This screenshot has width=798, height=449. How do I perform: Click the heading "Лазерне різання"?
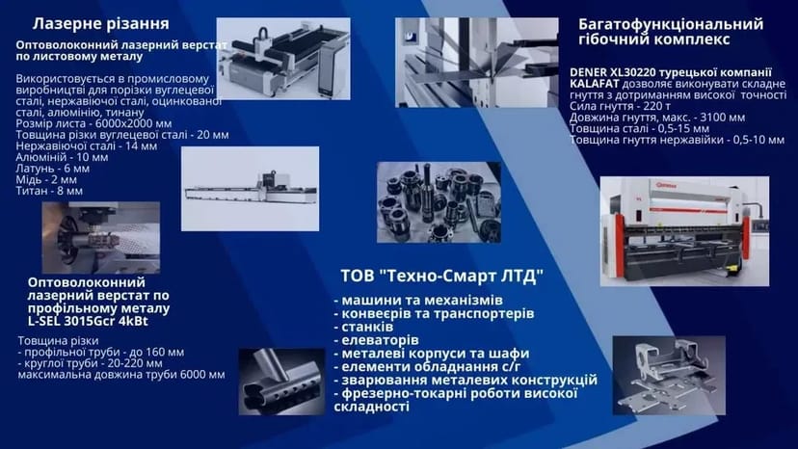101,22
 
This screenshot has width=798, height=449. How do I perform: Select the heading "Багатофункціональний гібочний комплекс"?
670,31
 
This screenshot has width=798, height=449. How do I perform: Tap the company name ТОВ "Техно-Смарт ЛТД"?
441,277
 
